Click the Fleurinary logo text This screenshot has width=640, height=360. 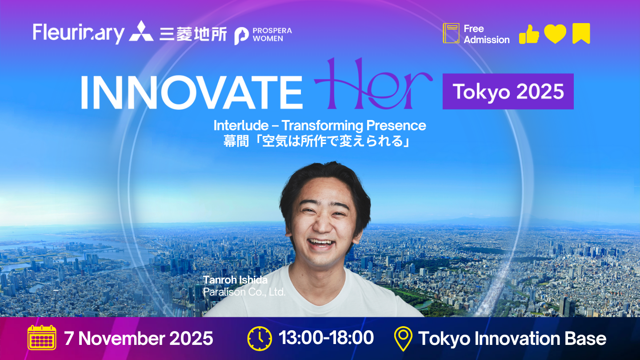coord(79,33)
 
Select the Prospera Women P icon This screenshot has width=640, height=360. coord(241,36)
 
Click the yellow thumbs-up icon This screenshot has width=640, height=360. coord(529,34)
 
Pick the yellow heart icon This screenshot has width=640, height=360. coord(555,34)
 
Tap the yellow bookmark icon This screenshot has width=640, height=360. coord(581,33)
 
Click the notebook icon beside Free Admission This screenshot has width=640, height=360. coord(451,33)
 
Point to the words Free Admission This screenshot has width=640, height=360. coord(487,34)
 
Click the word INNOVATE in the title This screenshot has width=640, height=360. coord(192,92)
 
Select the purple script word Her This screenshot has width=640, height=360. coord(373,84)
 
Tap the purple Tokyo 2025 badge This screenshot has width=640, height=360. coord(508,92)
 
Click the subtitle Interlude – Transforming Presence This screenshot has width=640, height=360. coord(320,125)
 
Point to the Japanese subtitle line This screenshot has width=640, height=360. coord(317,141)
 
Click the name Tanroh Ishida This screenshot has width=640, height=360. coord(235,280)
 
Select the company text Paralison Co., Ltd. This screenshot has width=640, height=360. coord(244,292)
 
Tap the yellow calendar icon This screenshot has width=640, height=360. coord(42,337)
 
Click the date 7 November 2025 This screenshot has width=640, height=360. coord(139,338)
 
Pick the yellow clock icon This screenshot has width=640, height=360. coord(260,339)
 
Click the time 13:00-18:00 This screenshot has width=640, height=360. coord(326,338)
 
